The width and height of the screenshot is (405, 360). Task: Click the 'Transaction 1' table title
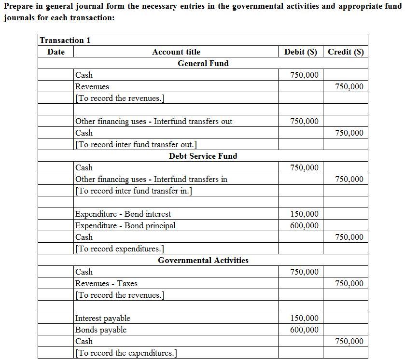(x=65, y=40)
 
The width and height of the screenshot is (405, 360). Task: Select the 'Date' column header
(x=56, y=52)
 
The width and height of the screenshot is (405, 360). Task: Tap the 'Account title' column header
(x=176, y=52)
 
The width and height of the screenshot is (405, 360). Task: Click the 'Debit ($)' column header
(x=301, y=52)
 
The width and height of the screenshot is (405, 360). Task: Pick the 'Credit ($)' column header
(x=346, y=52)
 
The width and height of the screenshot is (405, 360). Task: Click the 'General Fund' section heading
(x=203, y=63)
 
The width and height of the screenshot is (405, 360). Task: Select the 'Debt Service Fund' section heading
(x=203, y=156)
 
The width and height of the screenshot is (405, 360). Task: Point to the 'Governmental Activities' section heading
(x=203, y=260)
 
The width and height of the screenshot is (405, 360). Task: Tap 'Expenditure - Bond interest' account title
(x=123, y=214)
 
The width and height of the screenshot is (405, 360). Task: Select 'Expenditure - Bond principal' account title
(x=125, y=225)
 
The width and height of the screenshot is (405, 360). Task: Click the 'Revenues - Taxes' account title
(x=106, y=283)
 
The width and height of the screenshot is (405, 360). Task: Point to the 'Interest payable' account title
(x=103, y=318)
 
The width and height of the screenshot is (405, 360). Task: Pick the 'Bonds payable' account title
(x=101, y=330)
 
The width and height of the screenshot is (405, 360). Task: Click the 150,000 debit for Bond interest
(x=304, y=214)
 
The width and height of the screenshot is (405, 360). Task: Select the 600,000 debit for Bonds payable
(x=304, y=330)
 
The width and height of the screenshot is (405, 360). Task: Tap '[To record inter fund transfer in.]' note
(x=133, y=191)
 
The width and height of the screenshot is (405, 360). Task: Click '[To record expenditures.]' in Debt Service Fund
(x=119, y=249)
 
